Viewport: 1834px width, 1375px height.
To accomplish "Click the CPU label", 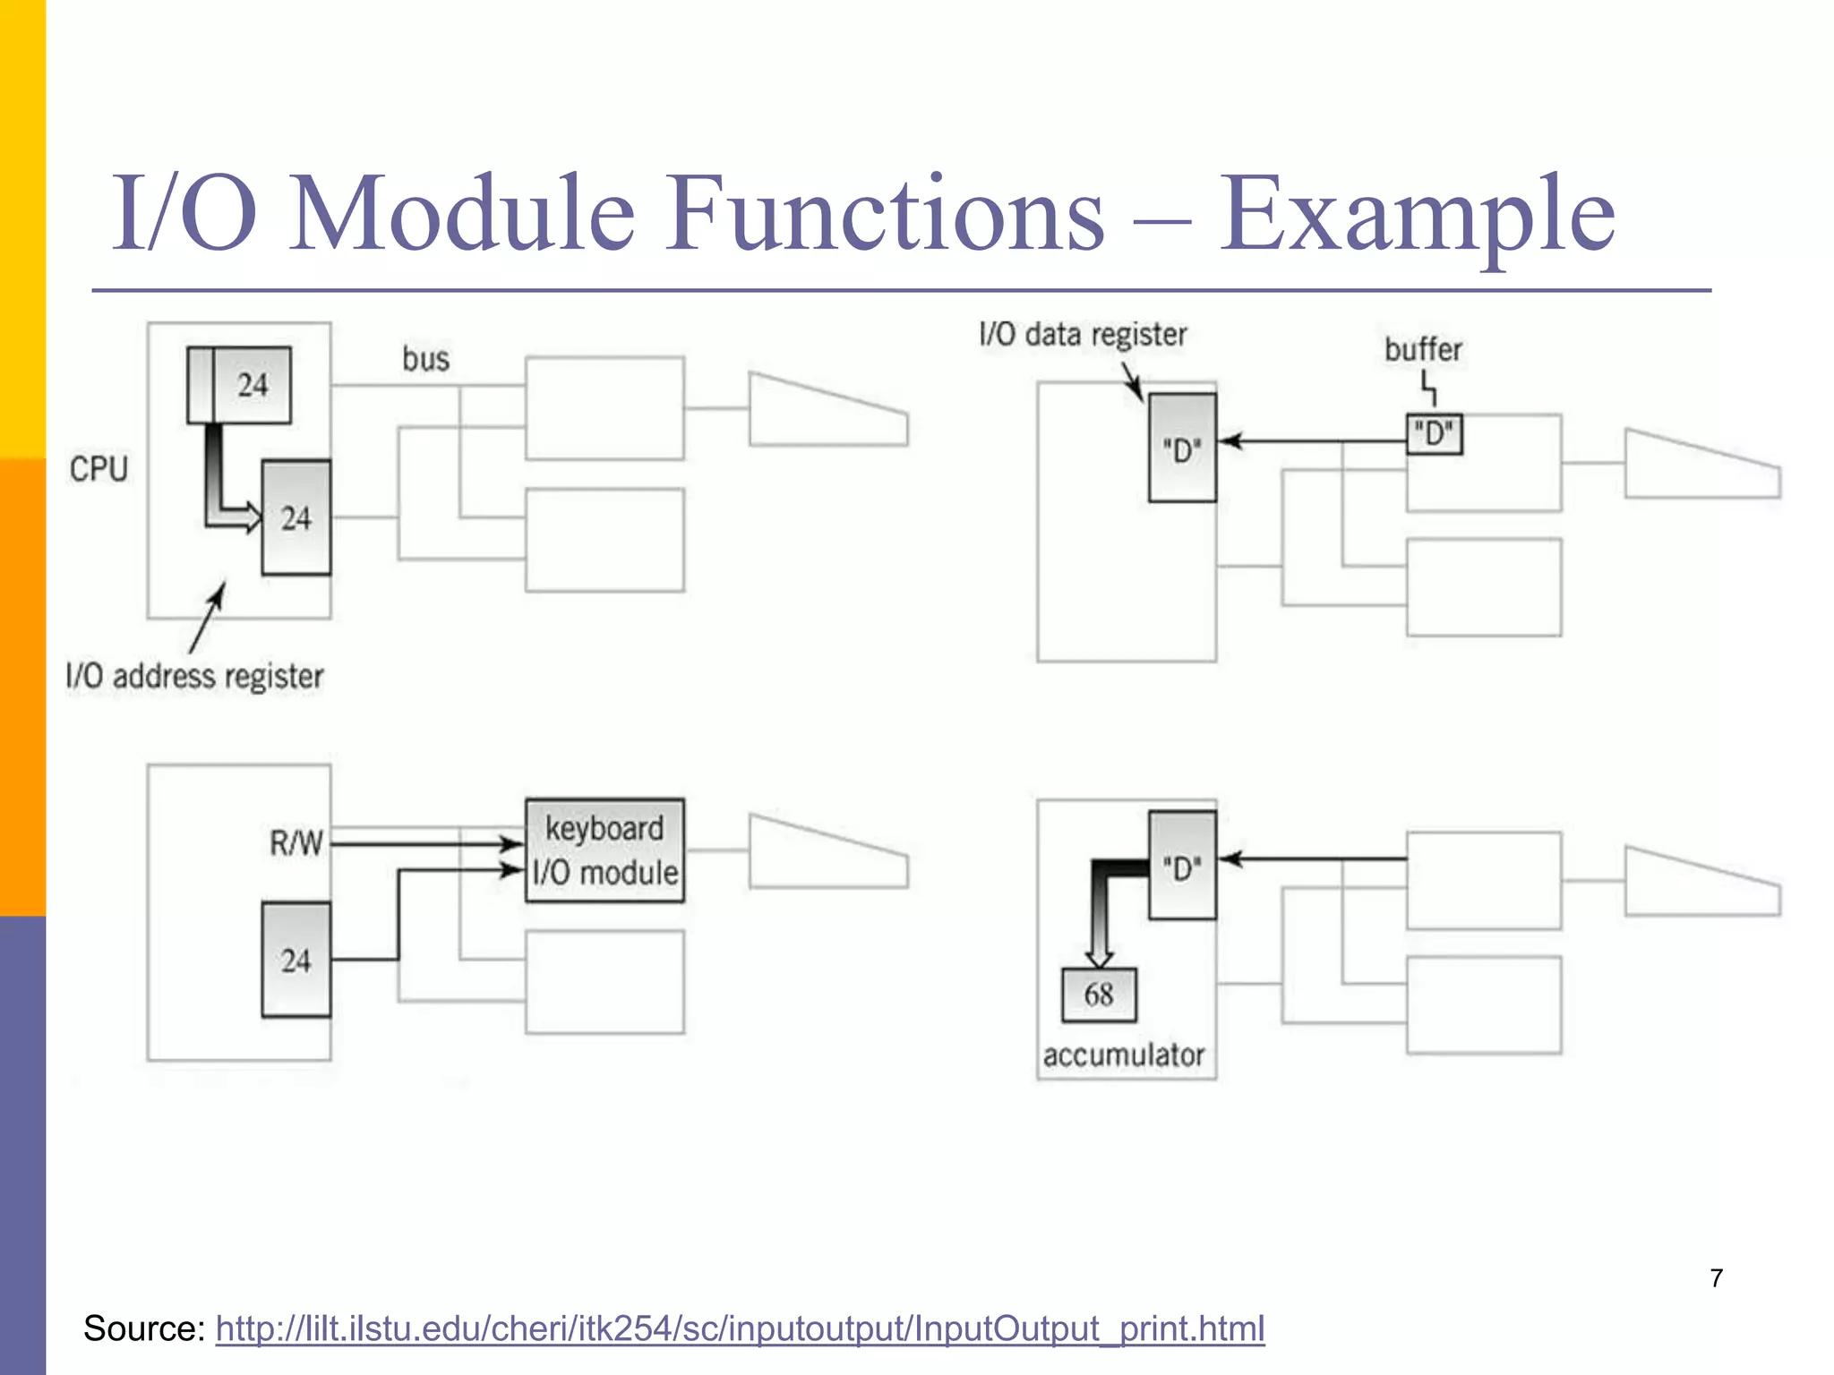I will click(99, 469).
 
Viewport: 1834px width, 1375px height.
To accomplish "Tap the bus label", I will click(425, 360).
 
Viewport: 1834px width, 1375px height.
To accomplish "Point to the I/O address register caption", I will click(194, 677).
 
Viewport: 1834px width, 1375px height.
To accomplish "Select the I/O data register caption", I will click(1082, 335).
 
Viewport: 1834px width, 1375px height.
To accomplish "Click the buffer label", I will click(1422, 349).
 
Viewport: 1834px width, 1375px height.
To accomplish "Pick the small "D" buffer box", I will click(1434, 435).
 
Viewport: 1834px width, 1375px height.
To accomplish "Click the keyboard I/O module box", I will click(604, 850).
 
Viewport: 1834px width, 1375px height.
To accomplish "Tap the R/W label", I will click(296, 843).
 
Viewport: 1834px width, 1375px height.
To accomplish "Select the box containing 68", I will click(1099, 995).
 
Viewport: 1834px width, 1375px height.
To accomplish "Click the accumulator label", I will click(1123, 1055).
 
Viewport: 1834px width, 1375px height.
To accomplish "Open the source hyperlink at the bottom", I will click(740, 1328).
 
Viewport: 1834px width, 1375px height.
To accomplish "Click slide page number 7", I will click(1716, 1278).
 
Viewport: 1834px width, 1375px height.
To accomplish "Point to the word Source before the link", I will click(143, 1328).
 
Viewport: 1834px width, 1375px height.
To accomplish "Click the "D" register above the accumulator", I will click(1182, 866).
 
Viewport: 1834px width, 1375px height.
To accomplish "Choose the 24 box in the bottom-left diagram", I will click(296, 960).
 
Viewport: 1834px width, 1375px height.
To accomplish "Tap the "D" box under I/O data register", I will click(1182, 448).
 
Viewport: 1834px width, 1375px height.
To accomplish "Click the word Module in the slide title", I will click(462, 215).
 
